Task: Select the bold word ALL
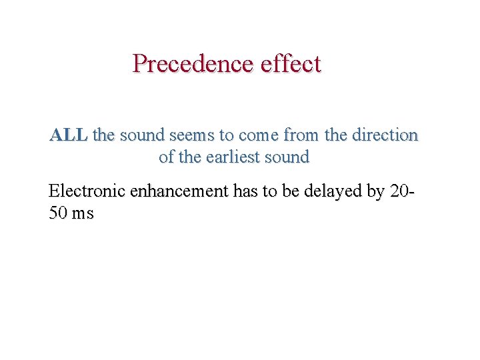(x=68, y=135)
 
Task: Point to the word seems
(x=193, y=135)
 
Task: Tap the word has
(x=245, y=191)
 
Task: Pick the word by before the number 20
(x=375, y=191)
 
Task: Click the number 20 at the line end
(x=401, y=191)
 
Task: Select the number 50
(x=58, y=214)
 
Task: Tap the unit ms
(x=84, y=214)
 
